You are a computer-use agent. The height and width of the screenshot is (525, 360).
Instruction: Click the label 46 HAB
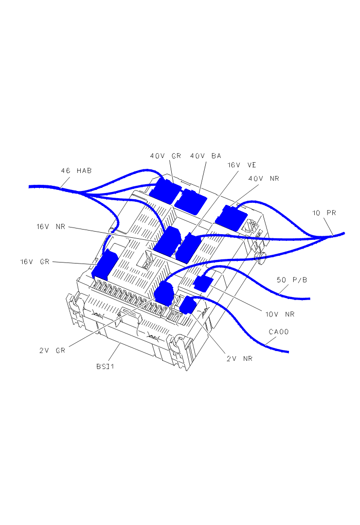click(76, 170)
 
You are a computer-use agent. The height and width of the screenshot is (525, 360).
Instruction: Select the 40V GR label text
click(165, 155)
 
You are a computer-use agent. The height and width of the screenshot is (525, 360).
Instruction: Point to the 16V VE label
click(242, 165)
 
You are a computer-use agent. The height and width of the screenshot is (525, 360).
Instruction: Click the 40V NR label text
click(264, 179)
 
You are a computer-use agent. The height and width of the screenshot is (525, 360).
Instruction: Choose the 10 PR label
click(324, 213)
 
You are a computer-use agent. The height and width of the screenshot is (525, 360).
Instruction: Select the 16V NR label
click(50, 226)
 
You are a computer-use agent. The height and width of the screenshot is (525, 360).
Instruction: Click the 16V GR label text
click(35, 261)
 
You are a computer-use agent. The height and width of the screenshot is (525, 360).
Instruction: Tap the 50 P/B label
click(292, 280)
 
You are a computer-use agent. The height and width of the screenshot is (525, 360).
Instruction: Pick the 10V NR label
click(280, 314)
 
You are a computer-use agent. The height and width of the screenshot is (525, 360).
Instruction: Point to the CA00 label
click(279, 332)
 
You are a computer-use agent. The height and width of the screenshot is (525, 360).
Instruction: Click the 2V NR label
click(239, 358)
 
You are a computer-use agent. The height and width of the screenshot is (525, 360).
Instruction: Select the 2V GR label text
click(52, 351)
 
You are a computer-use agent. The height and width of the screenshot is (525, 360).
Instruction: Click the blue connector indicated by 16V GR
click(104, 266)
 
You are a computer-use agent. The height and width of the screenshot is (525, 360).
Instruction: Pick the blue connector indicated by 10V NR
click(203, 283)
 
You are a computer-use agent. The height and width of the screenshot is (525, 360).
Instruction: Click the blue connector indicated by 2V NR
click(188, 305)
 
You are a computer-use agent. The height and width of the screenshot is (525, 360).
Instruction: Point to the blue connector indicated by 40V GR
click(165, 190)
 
